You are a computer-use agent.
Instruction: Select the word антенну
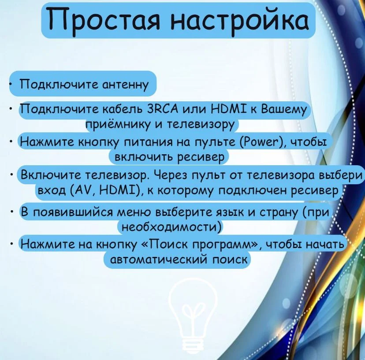tap(125, 84)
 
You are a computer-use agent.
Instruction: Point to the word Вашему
tap(284, 110)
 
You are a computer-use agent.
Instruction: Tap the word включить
tap(144, 156)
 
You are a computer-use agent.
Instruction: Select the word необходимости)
tap(171, 226)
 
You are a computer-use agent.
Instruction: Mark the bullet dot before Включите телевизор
tap(11, 174)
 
